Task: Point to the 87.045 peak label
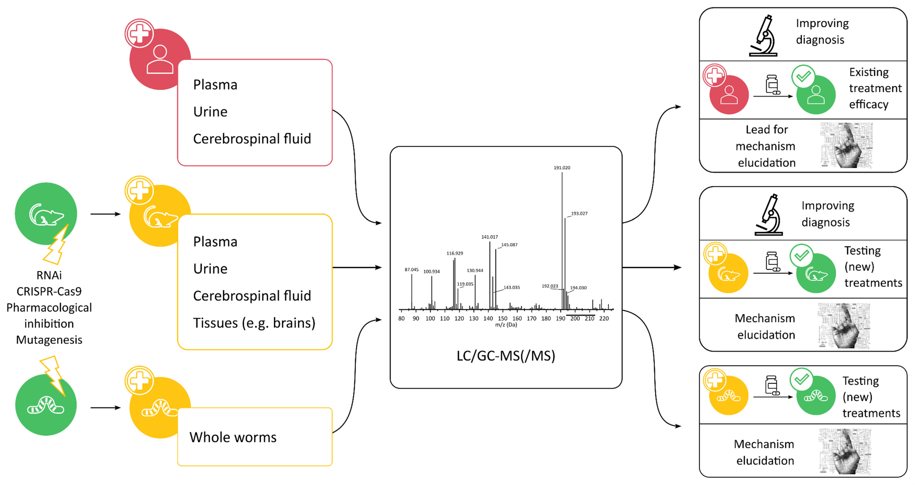click(411, 270)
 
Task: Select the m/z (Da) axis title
click(506, 325)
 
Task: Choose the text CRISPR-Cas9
click(49, 291)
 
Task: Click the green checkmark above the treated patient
click(803, 76)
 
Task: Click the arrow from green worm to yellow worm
click(106, 407)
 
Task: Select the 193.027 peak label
click(579, 213)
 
